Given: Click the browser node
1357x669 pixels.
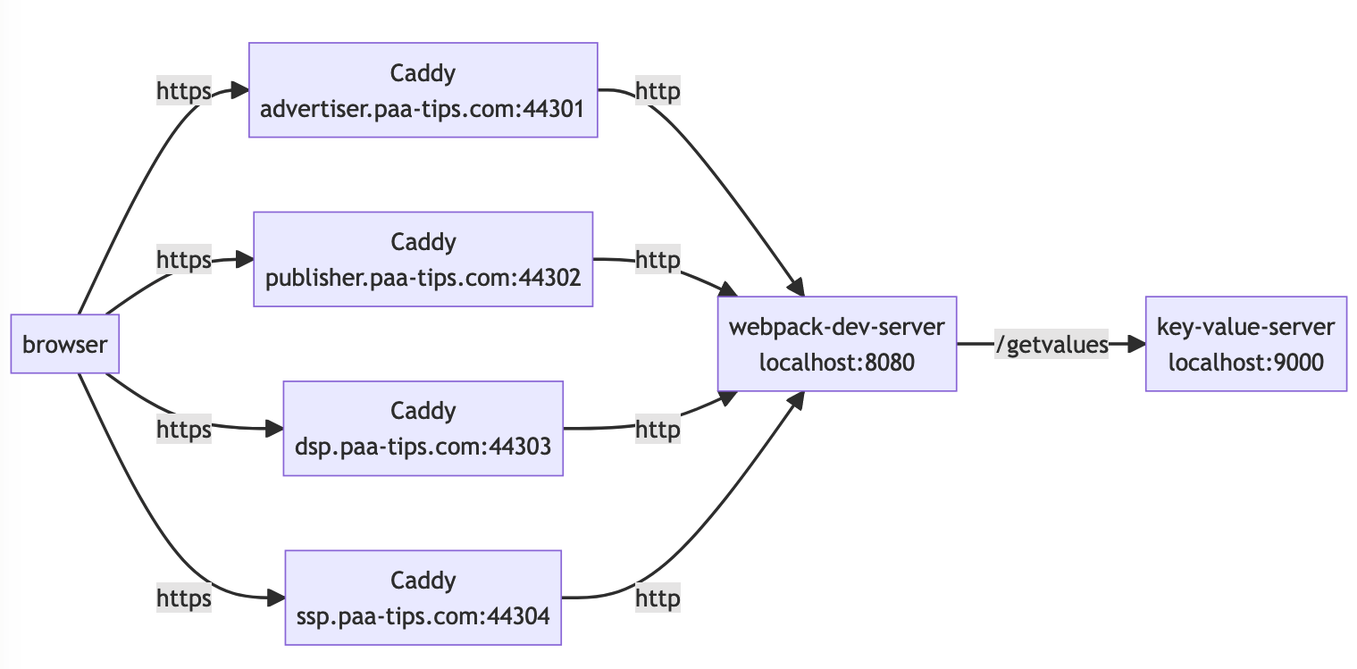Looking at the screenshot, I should [65, 344].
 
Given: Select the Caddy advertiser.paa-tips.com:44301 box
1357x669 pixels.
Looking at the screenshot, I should [423, 89].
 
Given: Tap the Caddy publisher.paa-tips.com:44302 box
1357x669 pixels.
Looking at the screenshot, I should [423, 259].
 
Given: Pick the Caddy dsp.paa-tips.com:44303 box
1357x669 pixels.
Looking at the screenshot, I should [423, 428].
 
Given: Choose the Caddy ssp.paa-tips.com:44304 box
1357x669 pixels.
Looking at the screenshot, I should [423, 598].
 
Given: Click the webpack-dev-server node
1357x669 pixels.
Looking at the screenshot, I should [837, 344].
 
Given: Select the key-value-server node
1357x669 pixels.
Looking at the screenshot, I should [1245, 344].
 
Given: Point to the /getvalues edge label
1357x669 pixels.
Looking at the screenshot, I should [1051, 345].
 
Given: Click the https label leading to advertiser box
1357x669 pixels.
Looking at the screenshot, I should [184, 91].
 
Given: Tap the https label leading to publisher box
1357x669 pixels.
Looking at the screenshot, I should [184, 260].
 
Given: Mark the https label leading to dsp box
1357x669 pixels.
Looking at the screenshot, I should [184, 430].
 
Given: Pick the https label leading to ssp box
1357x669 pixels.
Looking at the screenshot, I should [184, 598].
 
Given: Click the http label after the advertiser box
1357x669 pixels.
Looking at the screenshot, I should [658, 91].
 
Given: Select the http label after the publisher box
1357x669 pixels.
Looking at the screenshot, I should [658, 260].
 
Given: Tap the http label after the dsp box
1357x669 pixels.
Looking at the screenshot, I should [658, 430].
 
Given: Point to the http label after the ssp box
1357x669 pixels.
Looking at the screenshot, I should [658, 598].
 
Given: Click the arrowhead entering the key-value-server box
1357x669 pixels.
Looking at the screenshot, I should [1135, 344].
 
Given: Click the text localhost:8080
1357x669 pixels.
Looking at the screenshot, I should [837, 363].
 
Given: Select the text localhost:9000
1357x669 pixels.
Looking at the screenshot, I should [1245, 363].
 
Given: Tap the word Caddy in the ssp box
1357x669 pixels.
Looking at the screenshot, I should [423, 581].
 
